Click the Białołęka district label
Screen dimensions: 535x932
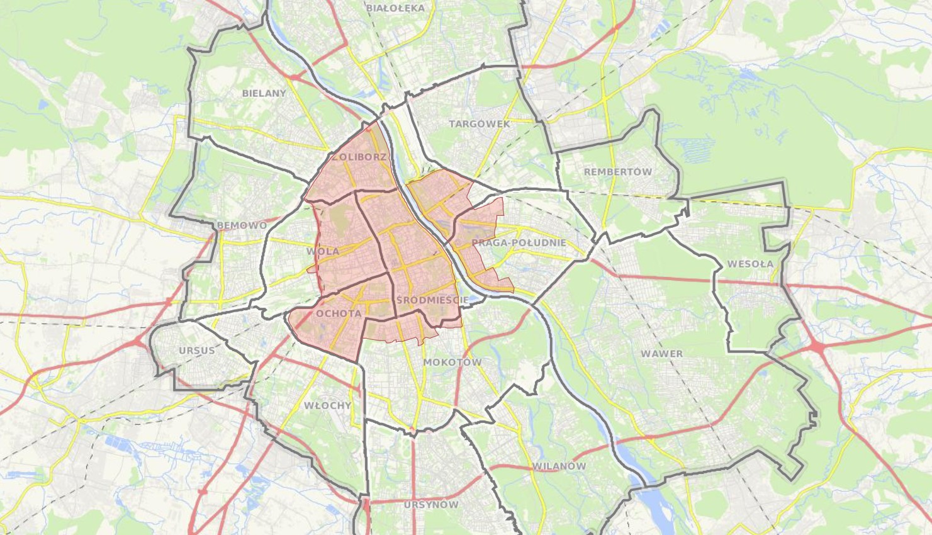(x=396, y=8)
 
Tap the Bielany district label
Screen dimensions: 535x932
(x=264, y=93)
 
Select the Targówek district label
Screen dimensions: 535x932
(x=480, y=124)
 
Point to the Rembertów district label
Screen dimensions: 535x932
(x=618, y=172)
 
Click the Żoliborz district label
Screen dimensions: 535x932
(x=359, y=157)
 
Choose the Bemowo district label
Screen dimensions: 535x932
(x=242, y=225)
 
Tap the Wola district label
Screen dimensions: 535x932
(x=323, y=252)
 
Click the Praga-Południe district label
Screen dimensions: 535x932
(x=519, y=243)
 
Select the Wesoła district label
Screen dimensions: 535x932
(x=750, y=264)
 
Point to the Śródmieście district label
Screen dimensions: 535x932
(x=432, y=300)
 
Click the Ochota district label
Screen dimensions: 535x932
(x=339, y=313)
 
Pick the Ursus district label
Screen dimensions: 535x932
(x=196, y=351)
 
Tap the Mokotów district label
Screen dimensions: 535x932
(x=452, y=363)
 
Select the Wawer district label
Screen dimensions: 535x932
(x=661, y=354)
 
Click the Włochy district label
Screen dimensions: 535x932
(x=327, y=405)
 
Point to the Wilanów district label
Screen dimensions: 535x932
(x=559, y=466)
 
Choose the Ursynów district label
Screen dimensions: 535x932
(x=431, y=505)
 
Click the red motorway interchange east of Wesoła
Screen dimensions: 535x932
(x=817, y=346)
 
